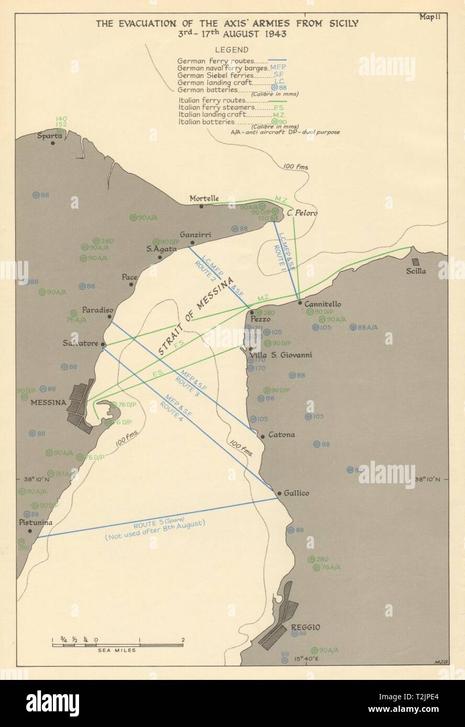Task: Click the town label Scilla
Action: click(418, 271)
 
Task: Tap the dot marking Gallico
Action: click(280, 493)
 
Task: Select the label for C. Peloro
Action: click(303, 213)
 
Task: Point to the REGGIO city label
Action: click(306, 627)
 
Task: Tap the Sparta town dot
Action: click(52, 143)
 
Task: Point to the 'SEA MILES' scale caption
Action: click(118, 650)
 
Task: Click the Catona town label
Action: click(281, 434)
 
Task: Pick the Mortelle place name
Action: click(204, 198)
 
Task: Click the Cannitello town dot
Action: click(300, 302)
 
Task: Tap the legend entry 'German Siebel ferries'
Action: click(212, 75)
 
